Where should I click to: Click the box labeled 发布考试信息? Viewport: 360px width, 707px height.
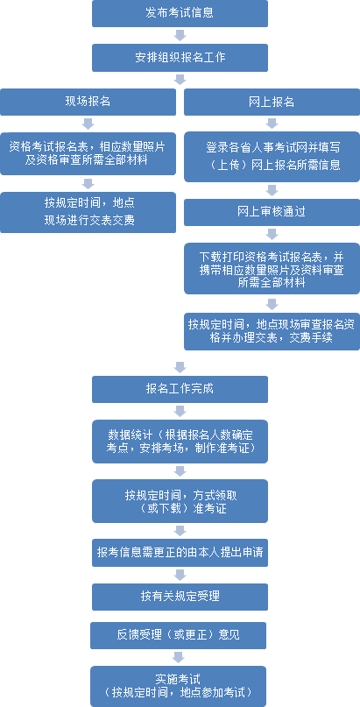[x=180, y=13]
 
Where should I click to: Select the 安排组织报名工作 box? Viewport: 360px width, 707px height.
[x=180, y=58]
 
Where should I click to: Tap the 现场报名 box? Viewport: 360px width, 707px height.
[x=88, y=102]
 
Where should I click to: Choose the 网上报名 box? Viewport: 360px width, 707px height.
[x=272, y=102]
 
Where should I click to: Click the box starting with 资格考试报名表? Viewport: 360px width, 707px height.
[x=88, y=154]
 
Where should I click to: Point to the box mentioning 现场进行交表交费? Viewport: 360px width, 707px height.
[x=88, y=212]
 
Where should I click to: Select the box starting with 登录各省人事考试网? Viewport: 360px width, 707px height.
[x=272, y=157]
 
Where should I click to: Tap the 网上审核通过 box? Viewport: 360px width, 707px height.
[x=272, y=212]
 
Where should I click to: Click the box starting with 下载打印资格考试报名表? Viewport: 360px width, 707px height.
[x=272, y=269]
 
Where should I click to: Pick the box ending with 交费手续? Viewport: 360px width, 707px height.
[x=272, y=331]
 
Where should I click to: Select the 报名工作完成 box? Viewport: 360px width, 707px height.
[x=180, y=389]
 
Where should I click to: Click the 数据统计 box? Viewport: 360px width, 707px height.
[x=180, y=442]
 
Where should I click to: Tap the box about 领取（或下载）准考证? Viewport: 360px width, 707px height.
[x=180, y=501]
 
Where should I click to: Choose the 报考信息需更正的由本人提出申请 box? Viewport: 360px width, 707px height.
[x=180, y=553]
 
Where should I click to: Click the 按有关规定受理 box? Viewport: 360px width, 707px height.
[x=180, y=597]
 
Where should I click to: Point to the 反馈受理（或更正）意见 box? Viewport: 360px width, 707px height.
[x=178, y=635]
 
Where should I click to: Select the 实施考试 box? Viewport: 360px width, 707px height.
[x=178, y=686]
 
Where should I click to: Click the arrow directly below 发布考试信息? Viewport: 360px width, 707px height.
[x=180, y=35]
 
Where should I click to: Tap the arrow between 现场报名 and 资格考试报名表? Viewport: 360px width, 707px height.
[x=88, y=124]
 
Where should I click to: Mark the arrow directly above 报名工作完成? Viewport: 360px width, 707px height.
[x=180, y=367]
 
